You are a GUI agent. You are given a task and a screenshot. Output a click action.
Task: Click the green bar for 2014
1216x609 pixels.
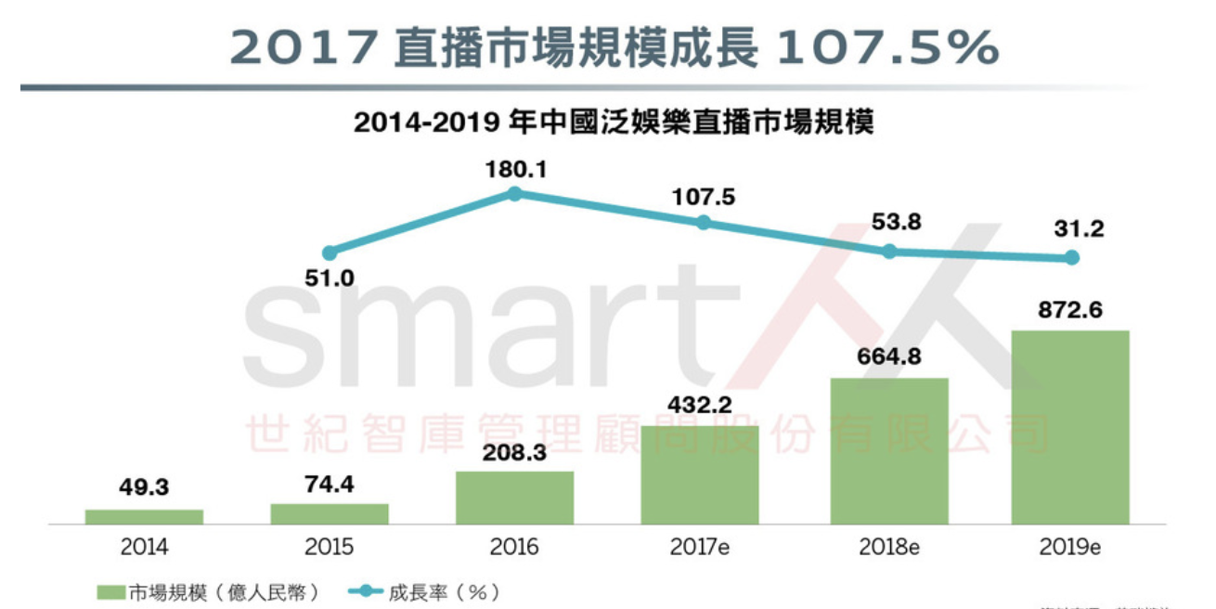[144, 516]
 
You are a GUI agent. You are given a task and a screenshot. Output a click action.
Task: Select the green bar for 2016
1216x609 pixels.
[514, 498]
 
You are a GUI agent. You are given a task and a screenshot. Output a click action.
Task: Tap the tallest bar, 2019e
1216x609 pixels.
[1070, 427]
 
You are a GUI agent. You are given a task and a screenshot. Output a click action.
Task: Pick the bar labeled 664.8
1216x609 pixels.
[888, 451]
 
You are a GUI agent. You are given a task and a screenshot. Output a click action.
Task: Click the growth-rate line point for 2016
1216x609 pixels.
[515, 193]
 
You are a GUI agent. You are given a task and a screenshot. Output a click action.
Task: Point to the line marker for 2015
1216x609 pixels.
[330, 253]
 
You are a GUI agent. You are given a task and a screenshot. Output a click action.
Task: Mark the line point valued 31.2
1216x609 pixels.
[1071, 257]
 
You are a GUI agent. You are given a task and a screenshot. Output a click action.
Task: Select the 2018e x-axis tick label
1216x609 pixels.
[888, 547]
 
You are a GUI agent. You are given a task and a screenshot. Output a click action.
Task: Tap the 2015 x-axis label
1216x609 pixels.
[330, 547]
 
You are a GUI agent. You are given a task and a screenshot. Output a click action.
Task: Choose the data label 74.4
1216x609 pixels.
[330, 485]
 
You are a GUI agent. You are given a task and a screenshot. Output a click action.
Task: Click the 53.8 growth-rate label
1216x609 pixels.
[888, 223]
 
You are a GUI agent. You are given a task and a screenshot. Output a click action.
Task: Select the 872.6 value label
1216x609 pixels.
[1070, 310]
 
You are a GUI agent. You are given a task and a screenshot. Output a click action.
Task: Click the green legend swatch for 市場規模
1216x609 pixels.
[110, 591]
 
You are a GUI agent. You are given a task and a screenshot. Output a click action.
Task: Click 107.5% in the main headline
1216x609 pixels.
[886, 45]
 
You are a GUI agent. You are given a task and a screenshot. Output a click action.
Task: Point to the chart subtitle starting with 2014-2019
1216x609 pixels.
[613, 123]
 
